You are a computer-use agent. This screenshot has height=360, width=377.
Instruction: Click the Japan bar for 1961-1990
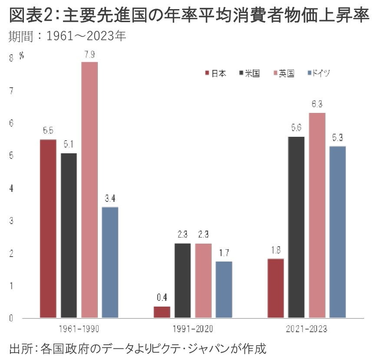pyautogui.click(x=48, y=228)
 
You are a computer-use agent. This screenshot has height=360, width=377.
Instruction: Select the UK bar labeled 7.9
pyautogui.click(x=89, y=190)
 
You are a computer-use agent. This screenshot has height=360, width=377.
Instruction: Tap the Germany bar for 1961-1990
pyautogui.click(x=110, y=262)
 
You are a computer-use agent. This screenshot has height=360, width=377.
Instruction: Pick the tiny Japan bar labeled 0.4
pyautogui.click(x=162, y=312)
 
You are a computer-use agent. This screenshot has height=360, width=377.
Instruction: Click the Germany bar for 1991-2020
pyautogui.click(x=224, y=290)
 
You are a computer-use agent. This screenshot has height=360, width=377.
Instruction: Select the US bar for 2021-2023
pyautogui.click(x=296, y=227)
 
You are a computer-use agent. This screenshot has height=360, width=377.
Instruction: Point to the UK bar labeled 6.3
pyautogui.click(x=317, y=215)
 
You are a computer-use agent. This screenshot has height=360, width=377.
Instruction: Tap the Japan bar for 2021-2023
pyautogui.click(x=276, y=288)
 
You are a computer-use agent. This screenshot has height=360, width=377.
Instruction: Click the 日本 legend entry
pyautogui.click(x=215, y=74)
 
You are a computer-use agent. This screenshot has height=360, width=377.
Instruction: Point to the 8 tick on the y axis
pyautogui.click(x=11, y=58)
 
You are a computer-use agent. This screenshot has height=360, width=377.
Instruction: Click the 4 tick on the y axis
pyautogui.click(x=11, y=188)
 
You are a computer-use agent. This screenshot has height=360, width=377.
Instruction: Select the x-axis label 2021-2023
pyautogui.click(x=307, y=329)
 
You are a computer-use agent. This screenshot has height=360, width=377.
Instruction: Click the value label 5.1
pyautogui.click(x=69, y=144)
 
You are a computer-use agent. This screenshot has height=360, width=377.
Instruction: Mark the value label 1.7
pyautogui.click(x=224, y=253)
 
